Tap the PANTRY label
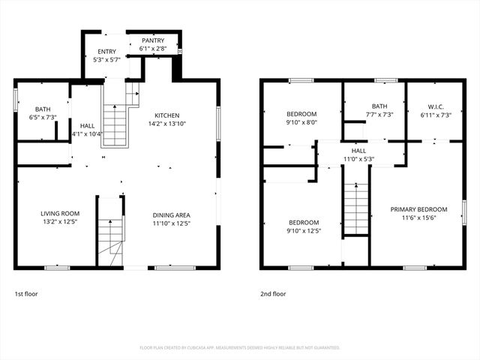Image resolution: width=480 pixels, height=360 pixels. [154, 40]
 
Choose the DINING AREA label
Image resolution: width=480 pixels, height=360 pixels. [171, 214]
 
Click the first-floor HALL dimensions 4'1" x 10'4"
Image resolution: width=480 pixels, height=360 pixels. [88, 134]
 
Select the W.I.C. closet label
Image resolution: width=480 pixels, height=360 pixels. [436, 106]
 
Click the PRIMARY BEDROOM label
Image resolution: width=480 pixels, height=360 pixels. [418, 209]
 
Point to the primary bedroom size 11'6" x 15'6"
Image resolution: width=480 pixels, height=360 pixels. [418, 218]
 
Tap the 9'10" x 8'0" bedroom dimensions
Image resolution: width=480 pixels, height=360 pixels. [301, 122]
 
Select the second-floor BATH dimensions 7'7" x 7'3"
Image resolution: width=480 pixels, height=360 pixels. [379, 115]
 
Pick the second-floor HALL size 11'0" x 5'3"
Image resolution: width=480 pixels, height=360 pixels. [358, 159]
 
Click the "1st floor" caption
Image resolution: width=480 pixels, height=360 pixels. [26, 294]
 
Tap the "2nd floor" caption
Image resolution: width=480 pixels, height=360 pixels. [273, 294]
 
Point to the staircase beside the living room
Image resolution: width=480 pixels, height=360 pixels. [109, 232]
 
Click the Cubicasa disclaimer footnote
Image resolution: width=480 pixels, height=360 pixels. [240, 348]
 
